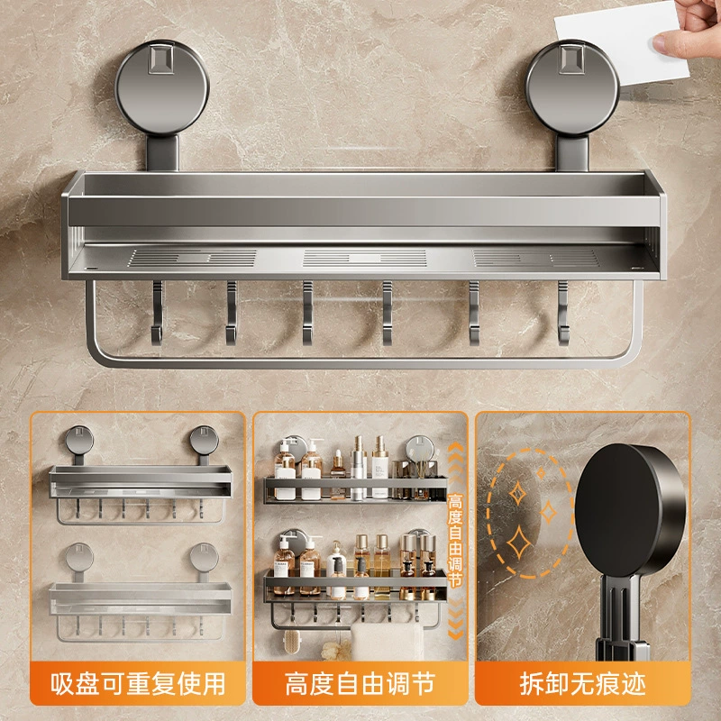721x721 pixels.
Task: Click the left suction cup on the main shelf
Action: [162, 88]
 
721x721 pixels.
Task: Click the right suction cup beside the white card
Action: [572, 88]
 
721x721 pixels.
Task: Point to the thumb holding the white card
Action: [673, 41]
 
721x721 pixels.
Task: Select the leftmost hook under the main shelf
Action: [157, 313]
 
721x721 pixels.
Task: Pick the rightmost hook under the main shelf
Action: [564, 313]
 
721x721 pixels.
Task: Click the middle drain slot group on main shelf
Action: [364, 258]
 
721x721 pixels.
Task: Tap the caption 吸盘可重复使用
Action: [138, 684]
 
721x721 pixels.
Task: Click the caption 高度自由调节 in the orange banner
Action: [360, 684]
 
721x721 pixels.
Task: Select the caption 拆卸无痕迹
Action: [582, 684]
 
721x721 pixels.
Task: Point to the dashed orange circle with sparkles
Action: [529, 512]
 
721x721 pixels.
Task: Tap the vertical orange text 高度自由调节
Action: [455, 541]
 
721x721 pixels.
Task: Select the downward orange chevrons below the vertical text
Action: [455, 617]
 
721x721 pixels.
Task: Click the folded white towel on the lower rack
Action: [387, 642]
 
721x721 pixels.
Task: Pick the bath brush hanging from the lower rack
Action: [290, 641]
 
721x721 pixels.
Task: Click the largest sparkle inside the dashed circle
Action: [519, 543]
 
